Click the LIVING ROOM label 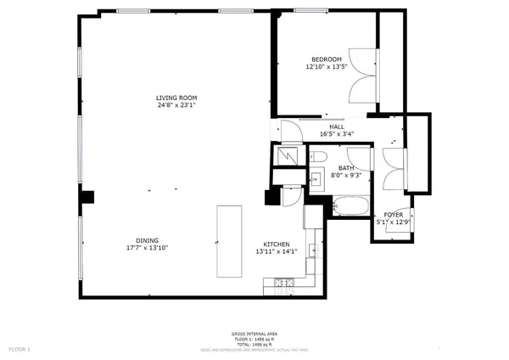pos(176,98)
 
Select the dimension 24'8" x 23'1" pos(176,106)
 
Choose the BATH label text pos(346,168)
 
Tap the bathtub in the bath pos(350,205)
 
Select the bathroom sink pos(316,179)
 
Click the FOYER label pos(394,215)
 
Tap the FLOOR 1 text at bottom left pos(19,349)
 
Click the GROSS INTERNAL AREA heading pos(255,334)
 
